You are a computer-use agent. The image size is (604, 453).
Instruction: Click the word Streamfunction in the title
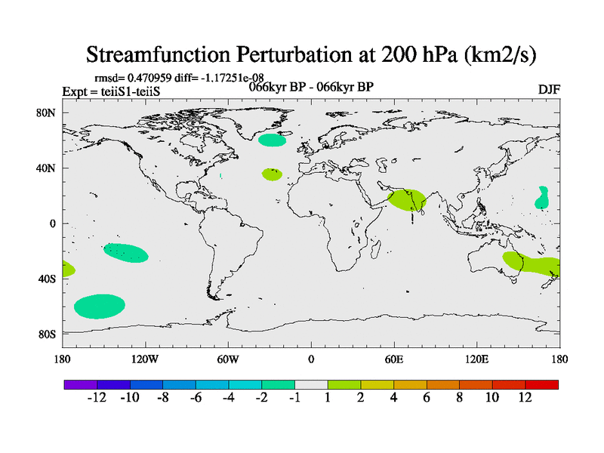click(158, 54)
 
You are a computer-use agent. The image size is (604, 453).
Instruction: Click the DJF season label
click(549, 89)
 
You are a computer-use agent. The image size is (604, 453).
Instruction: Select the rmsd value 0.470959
click(149, 78)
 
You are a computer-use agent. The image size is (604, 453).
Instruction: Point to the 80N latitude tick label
click(46, 112)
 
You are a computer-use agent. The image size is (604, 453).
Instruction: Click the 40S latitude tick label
click(47, 279)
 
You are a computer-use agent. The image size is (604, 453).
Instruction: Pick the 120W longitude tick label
click(145, 359)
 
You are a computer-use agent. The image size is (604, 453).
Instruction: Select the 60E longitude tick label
click(394, 359)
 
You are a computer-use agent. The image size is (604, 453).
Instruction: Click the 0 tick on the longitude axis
click(311, 359)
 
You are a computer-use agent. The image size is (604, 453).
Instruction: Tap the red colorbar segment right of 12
click(541, 384)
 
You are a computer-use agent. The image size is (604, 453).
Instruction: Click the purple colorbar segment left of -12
click(81, 384)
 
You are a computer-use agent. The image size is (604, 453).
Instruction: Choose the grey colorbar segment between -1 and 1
click(311, 384)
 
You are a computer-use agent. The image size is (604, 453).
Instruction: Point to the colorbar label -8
click(162, 397)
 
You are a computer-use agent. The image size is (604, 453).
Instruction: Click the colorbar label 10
click(492, 397)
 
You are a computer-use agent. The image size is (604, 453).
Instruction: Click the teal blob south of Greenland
click(272, 140)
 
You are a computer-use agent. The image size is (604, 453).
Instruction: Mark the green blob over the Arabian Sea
click(407, 200)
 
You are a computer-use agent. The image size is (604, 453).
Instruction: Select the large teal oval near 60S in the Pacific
click(100, 307)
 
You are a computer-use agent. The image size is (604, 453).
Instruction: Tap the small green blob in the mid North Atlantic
click(272, 174)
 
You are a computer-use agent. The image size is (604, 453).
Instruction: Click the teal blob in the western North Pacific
click(542, 198)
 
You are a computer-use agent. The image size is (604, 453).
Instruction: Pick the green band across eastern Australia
click(532, 263)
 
